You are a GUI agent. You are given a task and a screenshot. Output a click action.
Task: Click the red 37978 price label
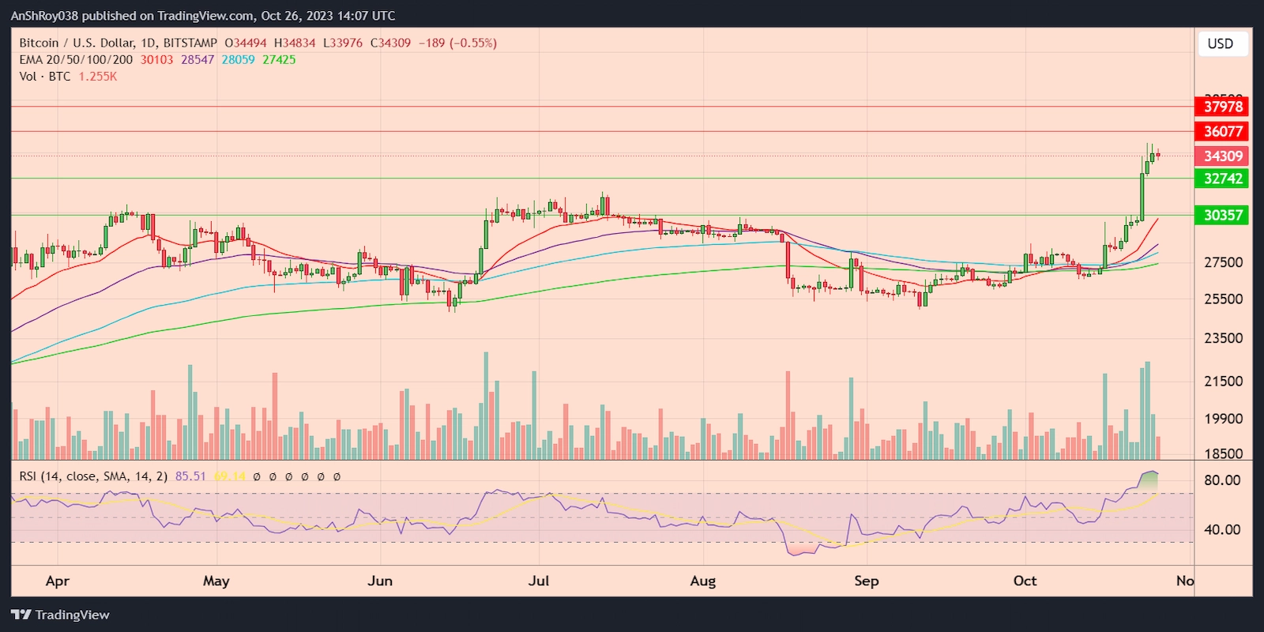coord(1222,107)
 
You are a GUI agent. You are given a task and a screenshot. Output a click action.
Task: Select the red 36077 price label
coord(1222,131)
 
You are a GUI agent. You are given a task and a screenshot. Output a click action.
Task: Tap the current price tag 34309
coord(1222,156)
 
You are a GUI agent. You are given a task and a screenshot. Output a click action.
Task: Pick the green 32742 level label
coord(1222,179)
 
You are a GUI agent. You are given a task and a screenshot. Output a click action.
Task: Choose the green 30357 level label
coord(1222,215)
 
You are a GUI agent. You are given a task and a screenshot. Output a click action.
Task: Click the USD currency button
coord(1220,43)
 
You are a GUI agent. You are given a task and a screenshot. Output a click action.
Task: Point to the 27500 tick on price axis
coord(1223,262)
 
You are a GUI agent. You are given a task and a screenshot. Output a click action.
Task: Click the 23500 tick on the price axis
coord(1223,338)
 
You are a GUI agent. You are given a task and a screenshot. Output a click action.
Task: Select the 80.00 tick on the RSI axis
coord(1221,480)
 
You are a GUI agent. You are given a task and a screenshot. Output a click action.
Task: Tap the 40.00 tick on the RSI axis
coord(1221,530)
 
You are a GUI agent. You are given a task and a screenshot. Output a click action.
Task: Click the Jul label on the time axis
coord(539,581)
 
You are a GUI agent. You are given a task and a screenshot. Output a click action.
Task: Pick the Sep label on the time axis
coord(866,581)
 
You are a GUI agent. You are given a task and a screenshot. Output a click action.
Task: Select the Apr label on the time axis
coord(58,581)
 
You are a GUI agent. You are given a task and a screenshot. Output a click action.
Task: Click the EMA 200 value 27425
coord(279,60)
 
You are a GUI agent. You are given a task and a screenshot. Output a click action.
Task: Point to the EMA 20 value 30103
coord(156,60)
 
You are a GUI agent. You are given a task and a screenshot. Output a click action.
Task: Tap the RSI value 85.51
coord(190,476)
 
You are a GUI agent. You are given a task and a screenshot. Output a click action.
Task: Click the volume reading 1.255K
coord(98,77)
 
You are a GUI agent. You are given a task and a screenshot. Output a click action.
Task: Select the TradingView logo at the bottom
coord(61,615)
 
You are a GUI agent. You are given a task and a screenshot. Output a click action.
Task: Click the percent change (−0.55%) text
coord(473,43)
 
